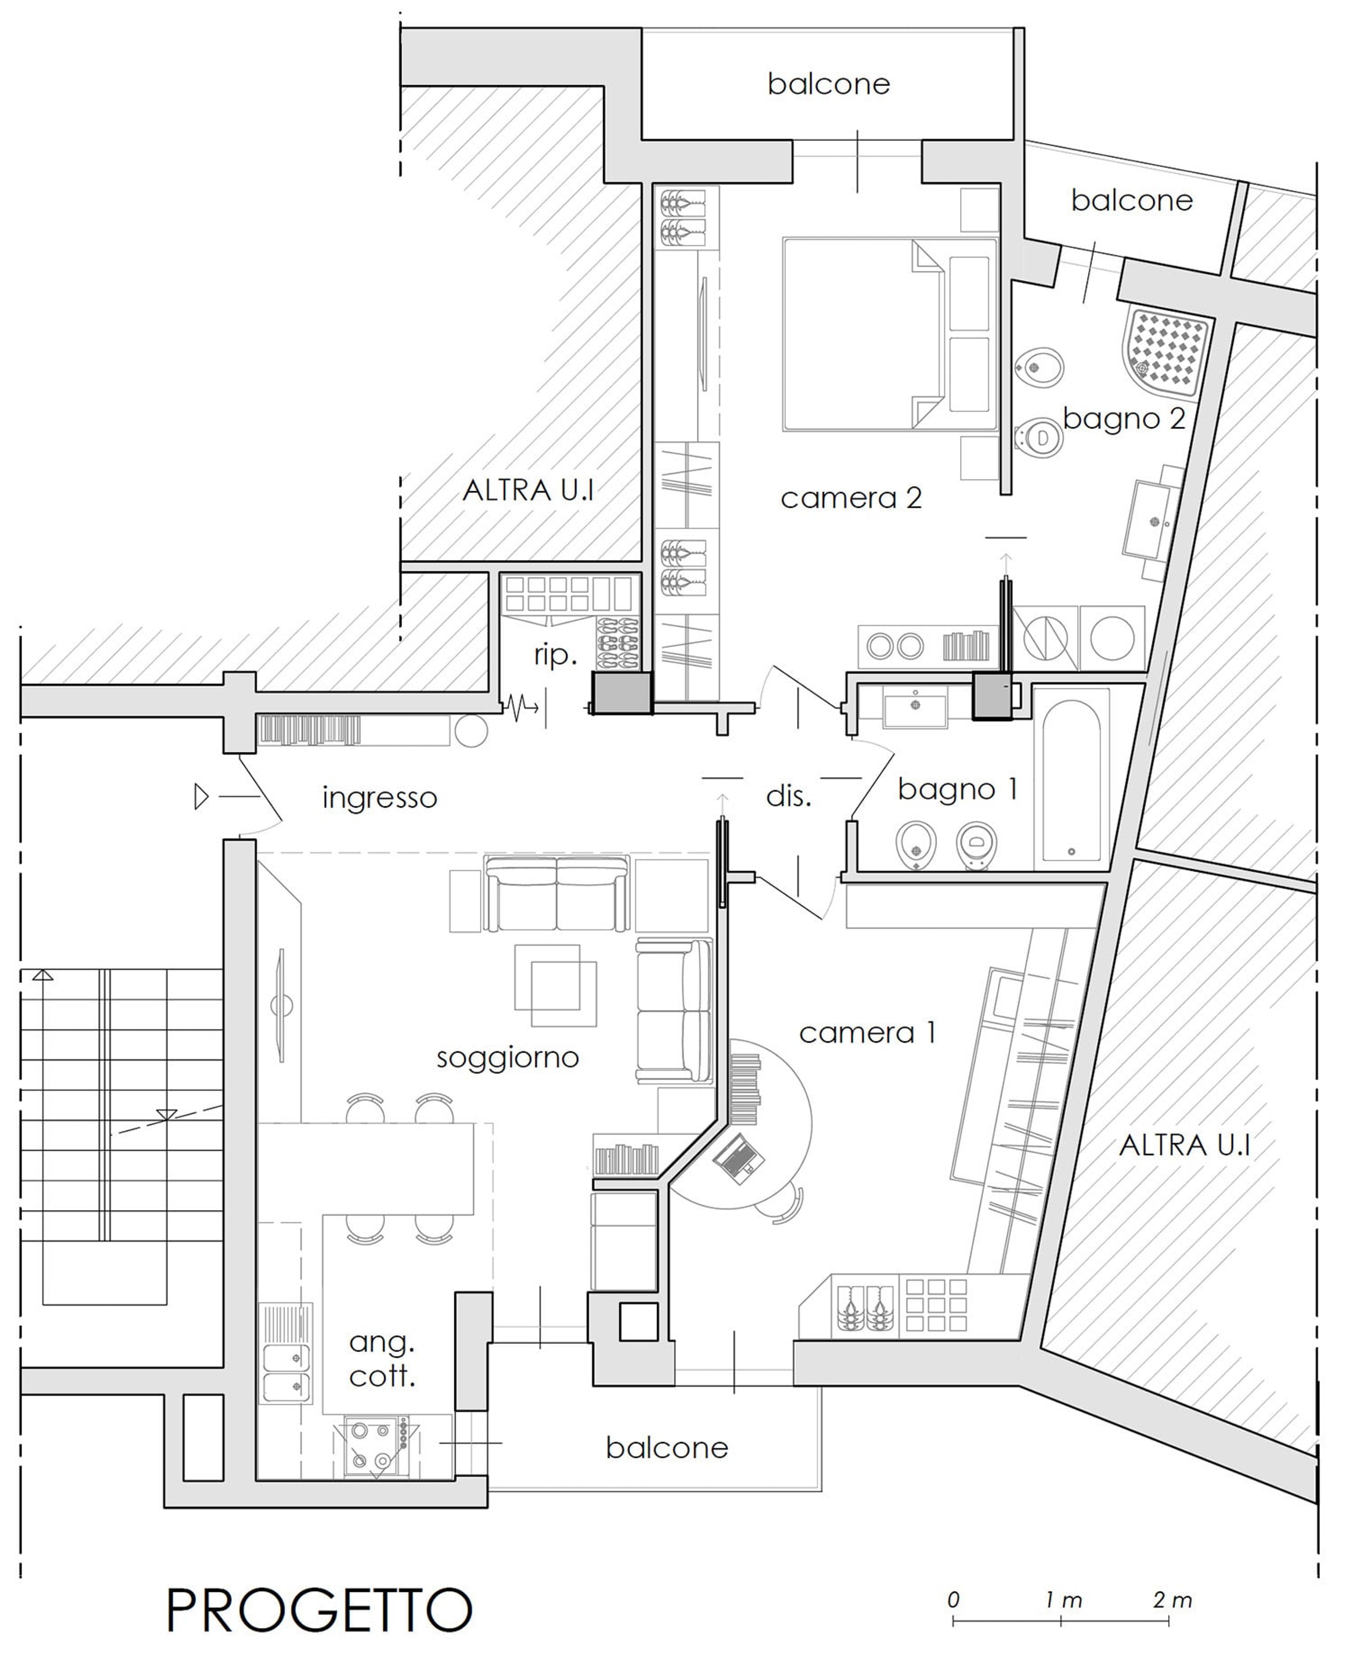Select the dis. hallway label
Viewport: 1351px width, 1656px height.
pos(788,796)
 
